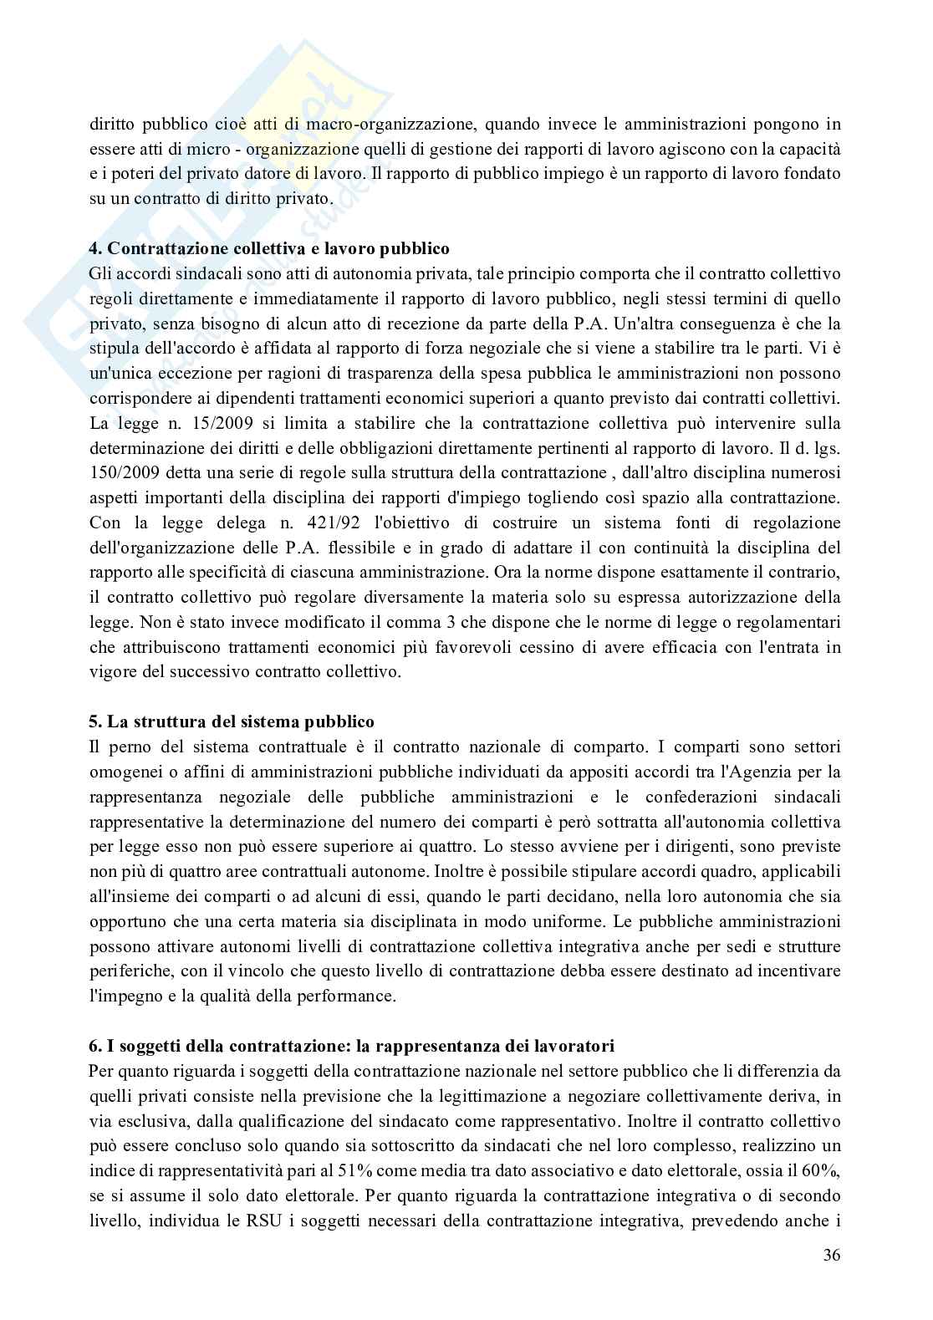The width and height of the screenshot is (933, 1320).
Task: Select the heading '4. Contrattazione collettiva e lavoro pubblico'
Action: [x=268, y=248]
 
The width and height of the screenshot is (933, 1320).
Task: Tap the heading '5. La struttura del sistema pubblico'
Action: [x=232, y=721]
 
